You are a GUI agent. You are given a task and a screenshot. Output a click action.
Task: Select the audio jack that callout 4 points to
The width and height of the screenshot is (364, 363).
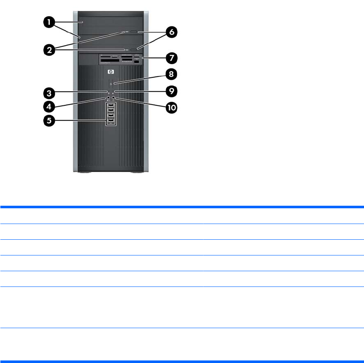click(108, 98)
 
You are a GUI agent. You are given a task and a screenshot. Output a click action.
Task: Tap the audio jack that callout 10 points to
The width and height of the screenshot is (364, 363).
click(114, 98)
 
